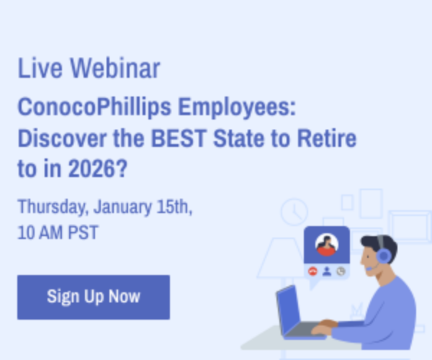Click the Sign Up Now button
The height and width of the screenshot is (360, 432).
click(x=94, y=297)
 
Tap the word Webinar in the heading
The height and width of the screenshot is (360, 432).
click(x=115, y=68)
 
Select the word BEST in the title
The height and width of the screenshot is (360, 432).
click(x=179, y=138)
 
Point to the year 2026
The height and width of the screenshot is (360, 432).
click(x=91, y=168)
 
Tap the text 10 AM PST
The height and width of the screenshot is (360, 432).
click(x=58, y=233)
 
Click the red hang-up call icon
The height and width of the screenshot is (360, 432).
click(x=312, y=271)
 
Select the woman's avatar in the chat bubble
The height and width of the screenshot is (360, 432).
click(x=327, y=245)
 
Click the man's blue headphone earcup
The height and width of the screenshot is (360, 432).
click(x=384, y=255)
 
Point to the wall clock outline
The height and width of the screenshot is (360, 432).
click(x=294, y=212)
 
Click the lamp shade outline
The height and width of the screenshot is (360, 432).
click(x=282, y=258)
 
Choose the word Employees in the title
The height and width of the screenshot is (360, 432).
click(x=237, y=108)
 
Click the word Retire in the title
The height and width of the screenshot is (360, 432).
click(x=327, y=138)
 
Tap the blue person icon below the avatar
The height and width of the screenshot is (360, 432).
click(x=327, y=271)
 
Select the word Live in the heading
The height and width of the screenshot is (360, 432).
click(x=40, y=68)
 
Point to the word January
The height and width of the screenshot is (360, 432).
click(x=122, y=207)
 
